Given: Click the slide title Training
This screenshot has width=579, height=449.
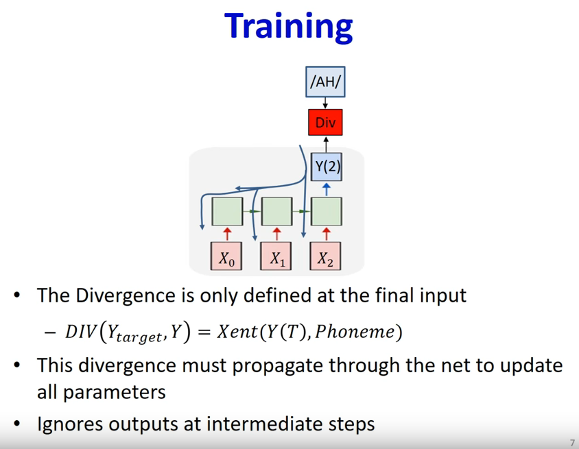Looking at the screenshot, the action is click(288, 27).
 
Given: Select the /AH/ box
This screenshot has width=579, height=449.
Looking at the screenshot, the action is click(325, 82).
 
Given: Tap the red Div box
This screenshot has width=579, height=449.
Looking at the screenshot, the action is click(325, 122).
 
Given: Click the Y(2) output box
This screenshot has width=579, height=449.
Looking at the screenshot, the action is click(327, 167).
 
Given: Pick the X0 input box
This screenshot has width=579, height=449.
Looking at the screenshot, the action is click(226, 256).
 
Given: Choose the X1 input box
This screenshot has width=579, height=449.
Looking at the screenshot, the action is click(276, 256).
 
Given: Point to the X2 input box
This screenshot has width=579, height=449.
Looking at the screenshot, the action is click(325, 256).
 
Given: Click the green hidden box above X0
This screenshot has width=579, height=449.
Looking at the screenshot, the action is click(227, 211).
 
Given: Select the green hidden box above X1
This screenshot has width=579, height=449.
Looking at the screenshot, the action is click(277, 211).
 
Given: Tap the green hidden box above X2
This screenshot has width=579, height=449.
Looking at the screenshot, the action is click(327, 211).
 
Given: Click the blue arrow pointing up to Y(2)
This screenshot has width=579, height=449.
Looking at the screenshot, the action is click(327, 189).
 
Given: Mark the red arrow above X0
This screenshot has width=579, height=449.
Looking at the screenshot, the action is click(227, 234).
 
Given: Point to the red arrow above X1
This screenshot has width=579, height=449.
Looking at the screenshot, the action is click(277, 234).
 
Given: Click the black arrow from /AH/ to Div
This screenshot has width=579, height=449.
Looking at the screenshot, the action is click(325, 103).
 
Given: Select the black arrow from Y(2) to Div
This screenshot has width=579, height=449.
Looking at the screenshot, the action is click(326, 145).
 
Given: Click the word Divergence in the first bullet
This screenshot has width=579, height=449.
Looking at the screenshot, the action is click(126, 296).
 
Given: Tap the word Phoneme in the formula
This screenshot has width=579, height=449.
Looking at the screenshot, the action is click(355, 331).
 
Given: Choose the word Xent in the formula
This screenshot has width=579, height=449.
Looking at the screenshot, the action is click(238, 331).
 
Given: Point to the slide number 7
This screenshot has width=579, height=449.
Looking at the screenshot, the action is click(572, 443).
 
